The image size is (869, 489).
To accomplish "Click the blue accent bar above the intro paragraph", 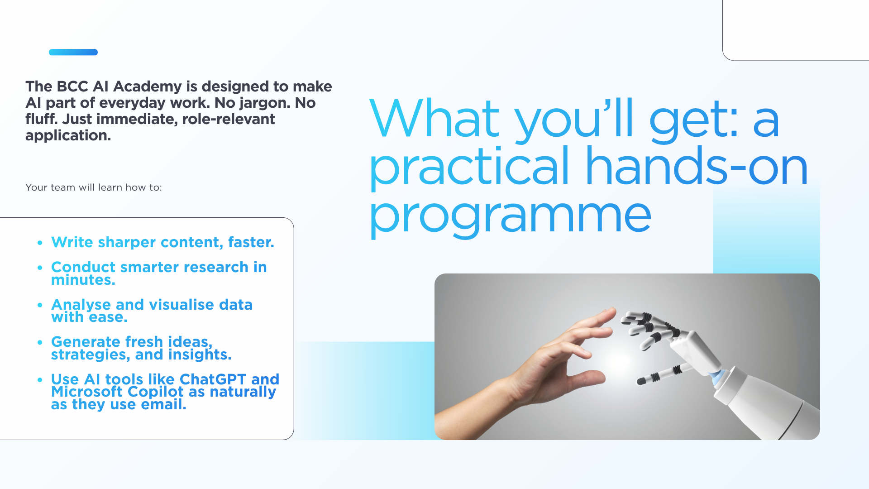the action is point(73,52).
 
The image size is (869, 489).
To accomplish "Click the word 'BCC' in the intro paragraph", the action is point(72,86).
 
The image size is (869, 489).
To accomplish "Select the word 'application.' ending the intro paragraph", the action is point(68,135).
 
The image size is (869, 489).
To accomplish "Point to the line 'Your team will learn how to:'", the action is point(94,187).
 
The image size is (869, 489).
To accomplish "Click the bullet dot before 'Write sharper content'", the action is point(40,243).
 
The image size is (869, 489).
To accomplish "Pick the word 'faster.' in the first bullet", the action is point(251,242).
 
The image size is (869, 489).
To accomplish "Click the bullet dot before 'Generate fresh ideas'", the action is point(40,342).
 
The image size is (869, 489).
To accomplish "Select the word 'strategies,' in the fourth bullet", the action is point(91,355).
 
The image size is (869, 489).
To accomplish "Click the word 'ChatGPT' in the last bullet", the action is point(213,379).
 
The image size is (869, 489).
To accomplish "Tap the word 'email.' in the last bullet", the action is point(164,404).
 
